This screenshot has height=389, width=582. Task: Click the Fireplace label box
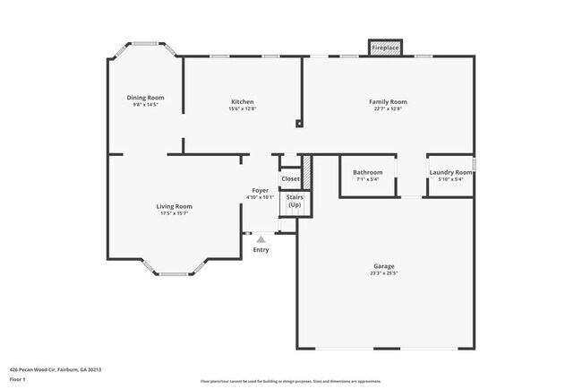coord(386,47)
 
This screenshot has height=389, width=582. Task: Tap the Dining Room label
coord(145,97)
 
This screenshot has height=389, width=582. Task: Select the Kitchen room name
coord(242,102)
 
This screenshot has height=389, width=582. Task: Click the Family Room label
coord(389,102)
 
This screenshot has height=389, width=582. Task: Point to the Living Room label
coord(175,206)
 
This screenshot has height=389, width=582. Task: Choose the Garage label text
coord(384,266)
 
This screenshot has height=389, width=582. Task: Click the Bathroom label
coord(367,172)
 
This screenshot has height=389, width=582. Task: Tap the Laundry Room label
coord(450,172)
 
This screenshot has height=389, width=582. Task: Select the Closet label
coord(291,179)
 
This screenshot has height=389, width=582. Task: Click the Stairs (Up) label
coord(295,201)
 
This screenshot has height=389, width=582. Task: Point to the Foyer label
coord(260,190)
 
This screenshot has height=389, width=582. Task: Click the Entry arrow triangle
coord(261,239)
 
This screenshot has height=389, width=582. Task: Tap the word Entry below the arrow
coord(261,250)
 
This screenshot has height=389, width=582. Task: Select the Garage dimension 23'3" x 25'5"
coord(384,273)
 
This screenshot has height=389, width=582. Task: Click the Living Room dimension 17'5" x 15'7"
coord(175,213)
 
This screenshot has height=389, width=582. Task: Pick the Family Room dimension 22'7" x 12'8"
coord(389,109)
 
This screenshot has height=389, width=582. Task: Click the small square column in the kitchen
coord(300,125)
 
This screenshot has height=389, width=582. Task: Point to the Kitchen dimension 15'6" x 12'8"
coord(242,109)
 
